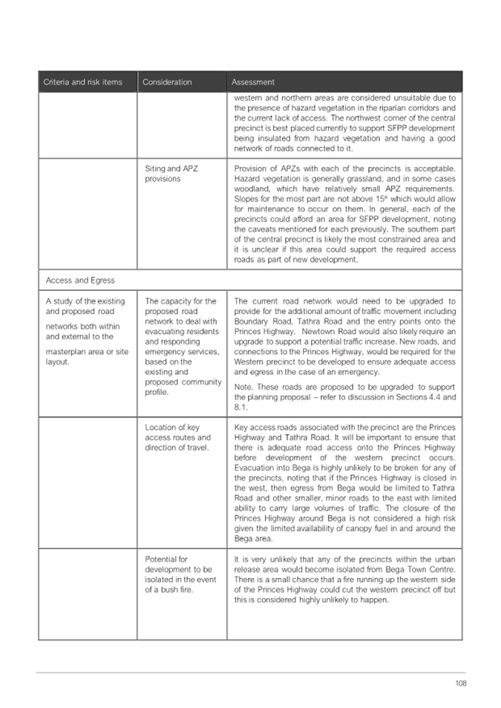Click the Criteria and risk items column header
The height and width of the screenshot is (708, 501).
pyautogui.click(x=82, y=82)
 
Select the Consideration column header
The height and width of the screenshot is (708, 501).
pyautogui.click(x=167, y=82)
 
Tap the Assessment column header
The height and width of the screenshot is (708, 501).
pyautogui.click(x=253, y=82)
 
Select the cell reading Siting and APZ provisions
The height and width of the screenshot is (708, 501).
pyautogui.click(x=170, y=174)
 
